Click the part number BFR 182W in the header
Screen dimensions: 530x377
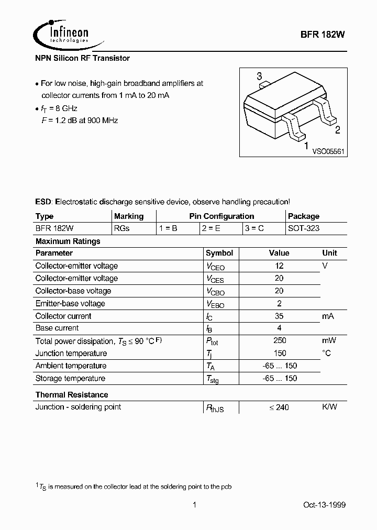tap(323, 35)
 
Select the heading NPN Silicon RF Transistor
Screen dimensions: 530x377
tap(82, 58)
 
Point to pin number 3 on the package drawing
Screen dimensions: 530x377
tap(259, 77)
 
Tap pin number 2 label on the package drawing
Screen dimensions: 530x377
tap(338, 130)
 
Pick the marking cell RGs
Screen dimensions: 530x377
tap(122, 228)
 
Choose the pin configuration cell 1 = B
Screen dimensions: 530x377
tap(168, 228)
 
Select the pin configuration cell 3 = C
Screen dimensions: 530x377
tap(254, 228)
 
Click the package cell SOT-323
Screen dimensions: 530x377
tap(304, 228)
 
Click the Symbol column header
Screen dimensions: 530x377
tap(219, 253)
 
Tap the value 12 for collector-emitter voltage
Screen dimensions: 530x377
tap(279, 266)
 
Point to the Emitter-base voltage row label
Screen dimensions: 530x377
tap(70, 304)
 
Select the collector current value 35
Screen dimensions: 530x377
tap(279, 316)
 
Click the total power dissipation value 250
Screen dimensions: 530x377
tap(279, 341)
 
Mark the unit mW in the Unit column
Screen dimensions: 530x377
tap(329, 341)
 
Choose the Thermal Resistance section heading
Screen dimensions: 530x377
tap(72, 395)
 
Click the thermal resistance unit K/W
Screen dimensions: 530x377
tap(329, 407)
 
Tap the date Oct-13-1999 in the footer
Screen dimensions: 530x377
tap(324, 505)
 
